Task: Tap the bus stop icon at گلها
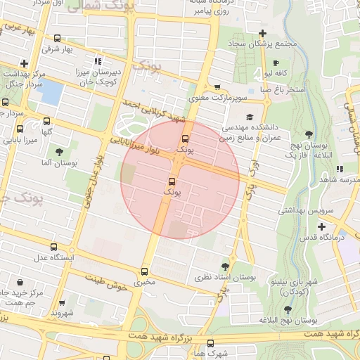tap(47, 121)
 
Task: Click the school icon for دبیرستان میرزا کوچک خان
tap(98, 60)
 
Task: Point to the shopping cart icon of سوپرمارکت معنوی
tap(188, 86)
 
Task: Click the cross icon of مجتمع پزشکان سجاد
tap(262, 33)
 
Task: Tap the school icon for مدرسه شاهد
tap(340, 169)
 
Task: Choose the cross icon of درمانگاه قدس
tap(321, 226)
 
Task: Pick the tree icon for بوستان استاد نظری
tap(224, 266)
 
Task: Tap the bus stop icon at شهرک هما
tap(210, 342)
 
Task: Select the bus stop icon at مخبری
tap(145, 271)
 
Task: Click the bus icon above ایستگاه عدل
tap(54, 247)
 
